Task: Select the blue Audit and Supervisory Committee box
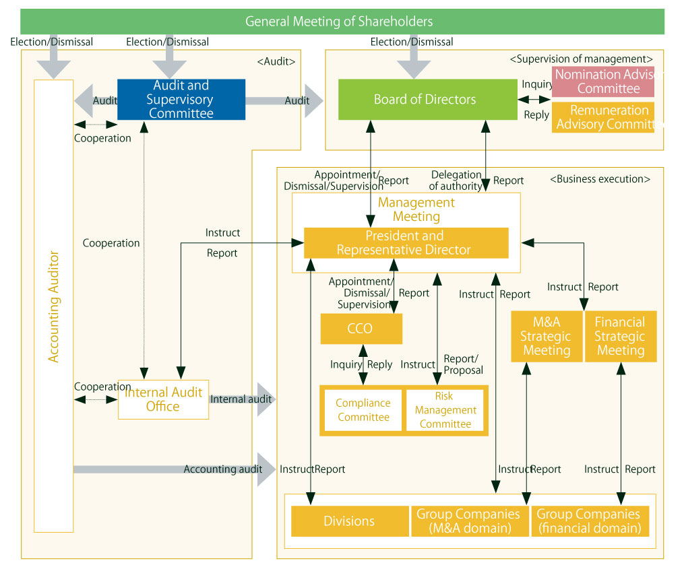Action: coord(181,100)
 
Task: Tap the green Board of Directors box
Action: coord(427,100)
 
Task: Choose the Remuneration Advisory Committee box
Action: coord(603,117)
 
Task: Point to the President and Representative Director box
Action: coord(406,243)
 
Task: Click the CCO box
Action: coord(361,329)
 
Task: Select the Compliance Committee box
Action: coord(363,410)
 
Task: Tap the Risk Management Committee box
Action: coord(445,410)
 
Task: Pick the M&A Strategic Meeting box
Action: coord(547,336)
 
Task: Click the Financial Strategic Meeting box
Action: coord(620,336)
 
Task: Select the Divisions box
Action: coord(349,521)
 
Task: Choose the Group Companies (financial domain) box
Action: coord(590,521)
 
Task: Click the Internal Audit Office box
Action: coord(163,399)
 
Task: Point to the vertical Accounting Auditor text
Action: coord(54,307)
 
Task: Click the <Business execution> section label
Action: coord(600,180)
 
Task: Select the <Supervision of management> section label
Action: coord(582,59)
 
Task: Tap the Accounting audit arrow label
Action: coord(222,469)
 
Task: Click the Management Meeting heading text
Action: coord(416,209)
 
